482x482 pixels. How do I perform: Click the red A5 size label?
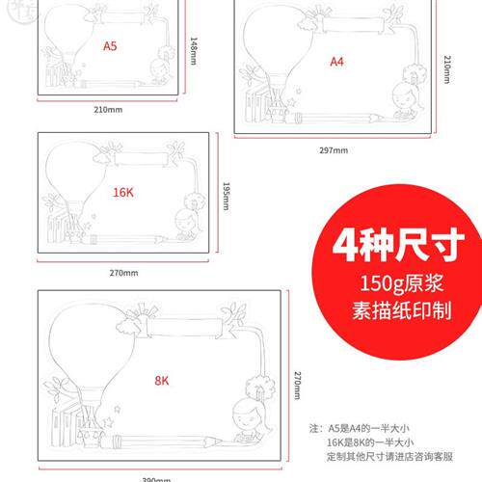(111, 44)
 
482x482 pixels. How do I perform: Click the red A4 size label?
(336, 61)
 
